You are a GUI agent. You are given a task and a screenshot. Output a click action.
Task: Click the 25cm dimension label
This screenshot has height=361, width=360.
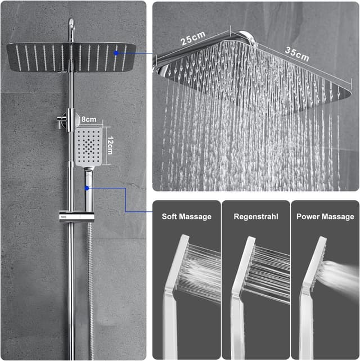193,38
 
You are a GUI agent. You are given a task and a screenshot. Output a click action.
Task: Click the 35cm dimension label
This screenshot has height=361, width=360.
297,54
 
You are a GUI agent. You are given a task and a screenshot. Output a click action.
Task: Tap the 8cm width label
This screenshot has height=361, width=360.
89,119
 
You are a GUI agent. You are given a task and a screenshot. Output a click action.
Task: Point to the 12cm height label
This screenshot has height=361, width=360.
110,145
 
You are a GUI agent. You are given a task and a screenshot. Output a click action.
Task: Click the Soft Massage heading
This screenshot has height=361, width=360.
187,216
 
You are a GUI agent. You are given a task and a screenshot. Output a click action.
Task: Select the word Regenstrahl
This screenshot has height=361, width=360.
256,216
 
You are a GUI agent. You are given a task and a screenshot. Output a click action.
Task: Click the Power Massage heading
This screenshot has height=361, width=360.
325,216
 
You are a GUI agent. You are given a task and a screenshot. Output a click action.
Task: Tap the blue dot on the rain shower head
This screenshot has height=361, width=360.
116,53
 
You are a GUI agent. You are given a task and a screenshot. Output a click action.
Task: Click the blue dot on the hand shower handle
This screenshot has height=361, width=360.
87,188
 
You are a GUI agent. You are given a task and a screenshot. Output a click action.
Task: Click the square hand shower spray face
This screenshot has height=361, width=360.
89,147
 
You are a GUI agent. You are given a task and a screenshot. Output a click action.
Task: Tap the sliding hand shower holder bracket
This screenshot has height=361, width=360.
76,216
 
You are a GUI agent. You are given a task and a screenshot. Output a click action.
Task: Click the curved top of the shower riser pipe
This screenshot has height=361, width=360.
71,25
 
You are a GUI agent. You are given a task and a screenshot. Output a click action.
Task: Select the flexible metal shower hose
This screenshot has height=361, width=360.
91,288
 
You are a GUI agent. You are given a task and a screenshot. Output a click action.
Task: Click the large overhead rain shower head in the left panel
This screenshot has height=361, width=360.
71,57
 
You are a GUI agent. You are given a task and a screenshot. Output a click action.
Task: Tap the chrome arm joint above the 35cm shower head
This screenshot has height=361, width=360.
247,38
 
